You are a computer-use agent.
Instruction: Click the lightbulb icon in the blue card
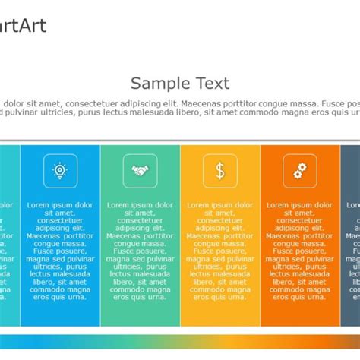click(x=60, y=171)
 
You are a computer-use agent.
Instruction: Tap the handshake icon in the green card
click(x=140, y=171)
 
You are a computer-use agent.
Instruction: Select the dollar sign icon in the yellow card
click(x=219, y=171)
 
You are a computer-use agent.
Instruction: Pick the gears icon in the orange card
click(x=300, y=171)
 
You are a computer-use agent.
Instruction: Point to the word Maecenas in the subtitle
click(x=205, y=103)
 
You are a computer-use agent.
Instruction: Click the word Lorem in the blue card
click(x=39, y=205)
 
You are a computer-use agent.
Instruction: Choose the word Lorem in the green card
click(x=119, y=205)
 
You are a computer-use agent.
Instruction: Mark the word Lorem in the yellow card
click(x=200, y=205)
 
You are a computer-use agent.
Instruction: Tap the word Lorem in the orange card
click(x=279, y=205)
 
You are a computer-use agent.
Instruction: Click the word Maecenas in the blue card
click(x=45, y=235)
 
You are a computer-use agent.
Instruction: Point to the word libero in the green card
click(x=125, y=282)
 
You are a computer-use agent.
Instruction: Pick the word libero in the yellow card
click(x=205, y=282)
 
